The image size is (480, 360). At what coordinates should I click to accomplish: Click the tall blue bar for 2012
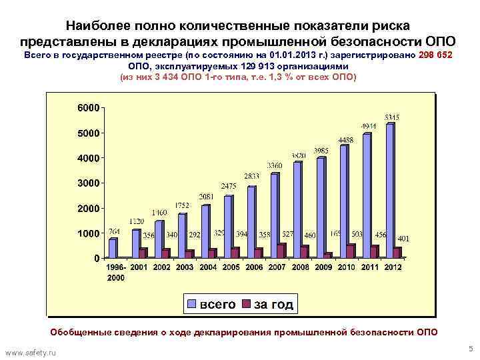(390, 190)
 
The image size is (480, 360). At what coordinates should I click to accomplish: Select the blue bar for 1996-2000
(113, 248)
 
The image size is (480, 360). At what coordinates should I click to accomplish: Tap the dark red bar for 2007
(281, 250)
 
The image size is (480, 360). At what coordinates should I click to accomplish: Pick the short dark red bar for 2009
(327, 255)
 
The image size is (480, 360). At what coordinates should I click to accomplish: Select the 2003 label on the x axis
(184, 267)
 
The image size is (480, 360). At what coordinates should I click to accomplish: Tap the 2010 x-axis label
(346, 267)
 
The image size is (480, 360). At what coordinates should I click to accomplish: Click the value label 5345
(391, 117)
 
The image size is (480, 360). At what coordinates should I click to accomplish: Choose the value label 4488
(345, 140)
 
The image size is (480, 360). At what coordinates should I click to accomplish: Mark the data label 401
(403, 238)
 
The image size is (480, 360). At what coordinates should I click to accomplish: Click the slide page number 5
(470, 348)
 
